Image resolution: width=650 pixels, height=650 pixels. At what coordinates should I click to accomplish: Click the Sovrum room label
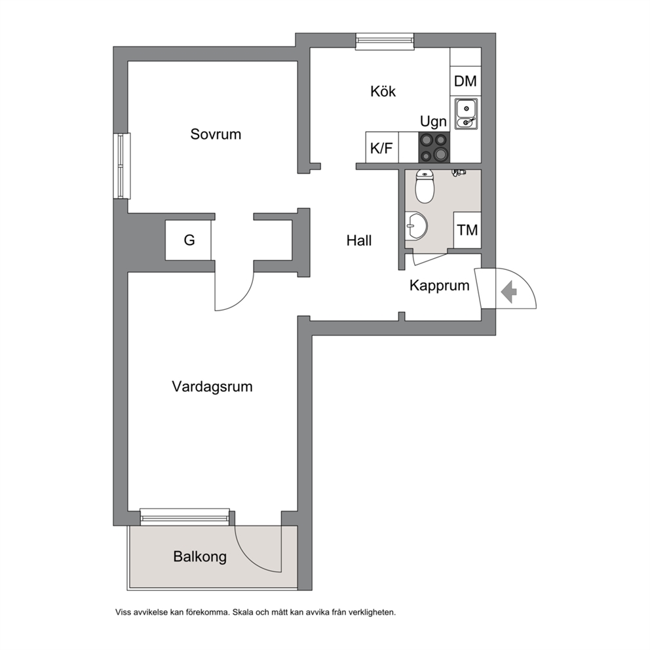[x=216, y=134]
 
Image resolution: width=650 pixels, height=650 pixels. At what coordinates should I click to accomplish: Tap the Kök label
[x=383, y=91]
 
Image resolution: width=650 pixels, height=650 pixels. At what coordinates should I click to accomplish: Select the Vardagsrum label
[x=212, y=387]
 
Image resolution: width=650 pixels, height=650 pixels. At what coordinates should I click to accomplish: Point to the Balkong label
[x=200, y=557]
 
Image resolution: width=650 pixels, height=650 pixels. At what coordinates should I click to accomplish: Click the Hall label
[x=359, y=240]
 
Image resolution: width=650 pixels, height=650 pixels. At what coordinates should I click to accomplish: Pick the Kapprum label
[x=440, y=286]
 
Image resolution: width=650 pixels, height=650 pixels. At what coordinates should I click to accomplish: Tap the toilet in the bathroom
[x=425, y=186]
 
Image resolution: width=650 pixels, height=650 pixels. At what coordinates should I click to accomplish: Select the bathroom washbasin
[x=416, y=226]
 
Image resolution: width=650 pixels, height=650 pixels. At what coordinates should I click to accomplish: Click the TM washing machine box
[x=467, y=230]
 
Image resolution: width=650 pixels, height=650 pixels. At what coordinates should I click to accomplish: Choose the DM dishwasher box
[x=465, y=81]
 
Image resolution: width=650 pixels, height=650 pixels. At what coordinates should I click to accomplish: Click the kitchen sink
[x=467, y=113]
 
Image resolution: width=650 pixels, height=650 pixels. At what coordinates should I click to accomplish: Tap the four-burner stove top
[x=434, y=147]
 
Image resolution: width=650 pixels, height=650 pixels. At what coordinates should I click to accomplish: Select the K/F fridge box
[x=382, y=147]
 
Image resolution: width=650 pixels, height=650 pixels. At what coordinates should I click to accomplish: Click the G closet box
[x=188, y=240]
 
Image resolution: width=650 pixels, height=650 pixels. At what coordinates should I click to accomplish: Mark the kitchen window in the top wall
[x=385, y=41]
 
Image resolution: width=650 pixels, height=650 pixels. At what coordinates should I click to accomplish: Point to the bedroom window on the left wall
[x=123, y=166]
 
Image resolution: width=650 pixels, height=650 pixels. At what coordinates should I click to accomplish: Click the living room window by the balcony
[x=185, y=516]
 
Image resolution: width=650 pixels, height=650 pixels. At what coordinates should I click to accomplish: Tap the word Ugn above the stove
[x=433, y=121]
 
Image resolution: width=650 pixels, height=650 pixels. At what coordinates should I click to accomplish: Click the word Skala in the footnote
[x=243, y=612]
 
